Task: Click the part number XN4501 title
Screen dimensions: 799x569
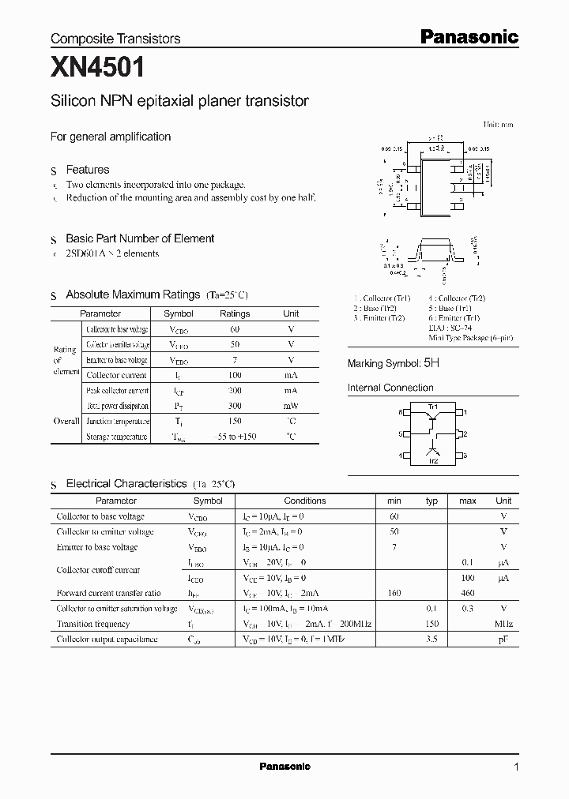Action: point(98,69)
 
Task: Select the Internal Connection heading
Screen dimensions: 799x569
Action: point(390,388)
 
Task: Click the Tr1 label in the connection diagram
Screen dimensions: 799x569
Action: point(432,407)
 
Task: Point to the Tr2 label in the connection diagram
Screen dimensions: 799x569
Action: point(433,460)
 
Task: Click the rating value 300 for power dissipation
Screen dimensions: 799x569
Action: point(234,406)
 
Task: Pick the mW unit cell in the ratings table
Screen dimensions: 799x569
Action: point(291,406)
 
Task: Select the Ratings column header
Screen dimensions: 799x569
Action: point(234,313)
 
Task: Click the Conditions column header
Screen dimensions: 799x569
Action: point(305,501)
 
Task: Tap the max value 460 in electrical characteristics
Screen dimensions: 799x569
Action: point(468,593)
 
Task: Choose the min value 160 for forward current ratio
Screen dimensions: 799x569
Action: point(394,593)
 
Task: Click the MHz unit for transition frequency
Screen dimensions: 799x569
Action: point(503,624)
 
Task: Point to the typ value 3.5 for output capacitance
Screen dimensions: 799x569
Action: point(431,639)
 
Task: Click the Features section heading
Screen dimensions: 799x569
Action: point(87,170)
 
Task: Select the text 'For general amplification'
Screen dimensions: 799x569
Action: point(111,137)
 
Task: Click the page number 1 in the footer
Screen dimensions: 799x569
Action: point(516,767)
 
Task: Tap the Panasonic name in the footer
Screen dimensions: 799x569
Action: point(284,767)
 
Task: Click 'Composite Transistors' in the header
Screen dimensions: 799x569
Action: point(115,38)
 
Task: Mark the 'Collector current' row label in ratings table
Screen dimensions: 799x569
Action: point(116,375)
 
